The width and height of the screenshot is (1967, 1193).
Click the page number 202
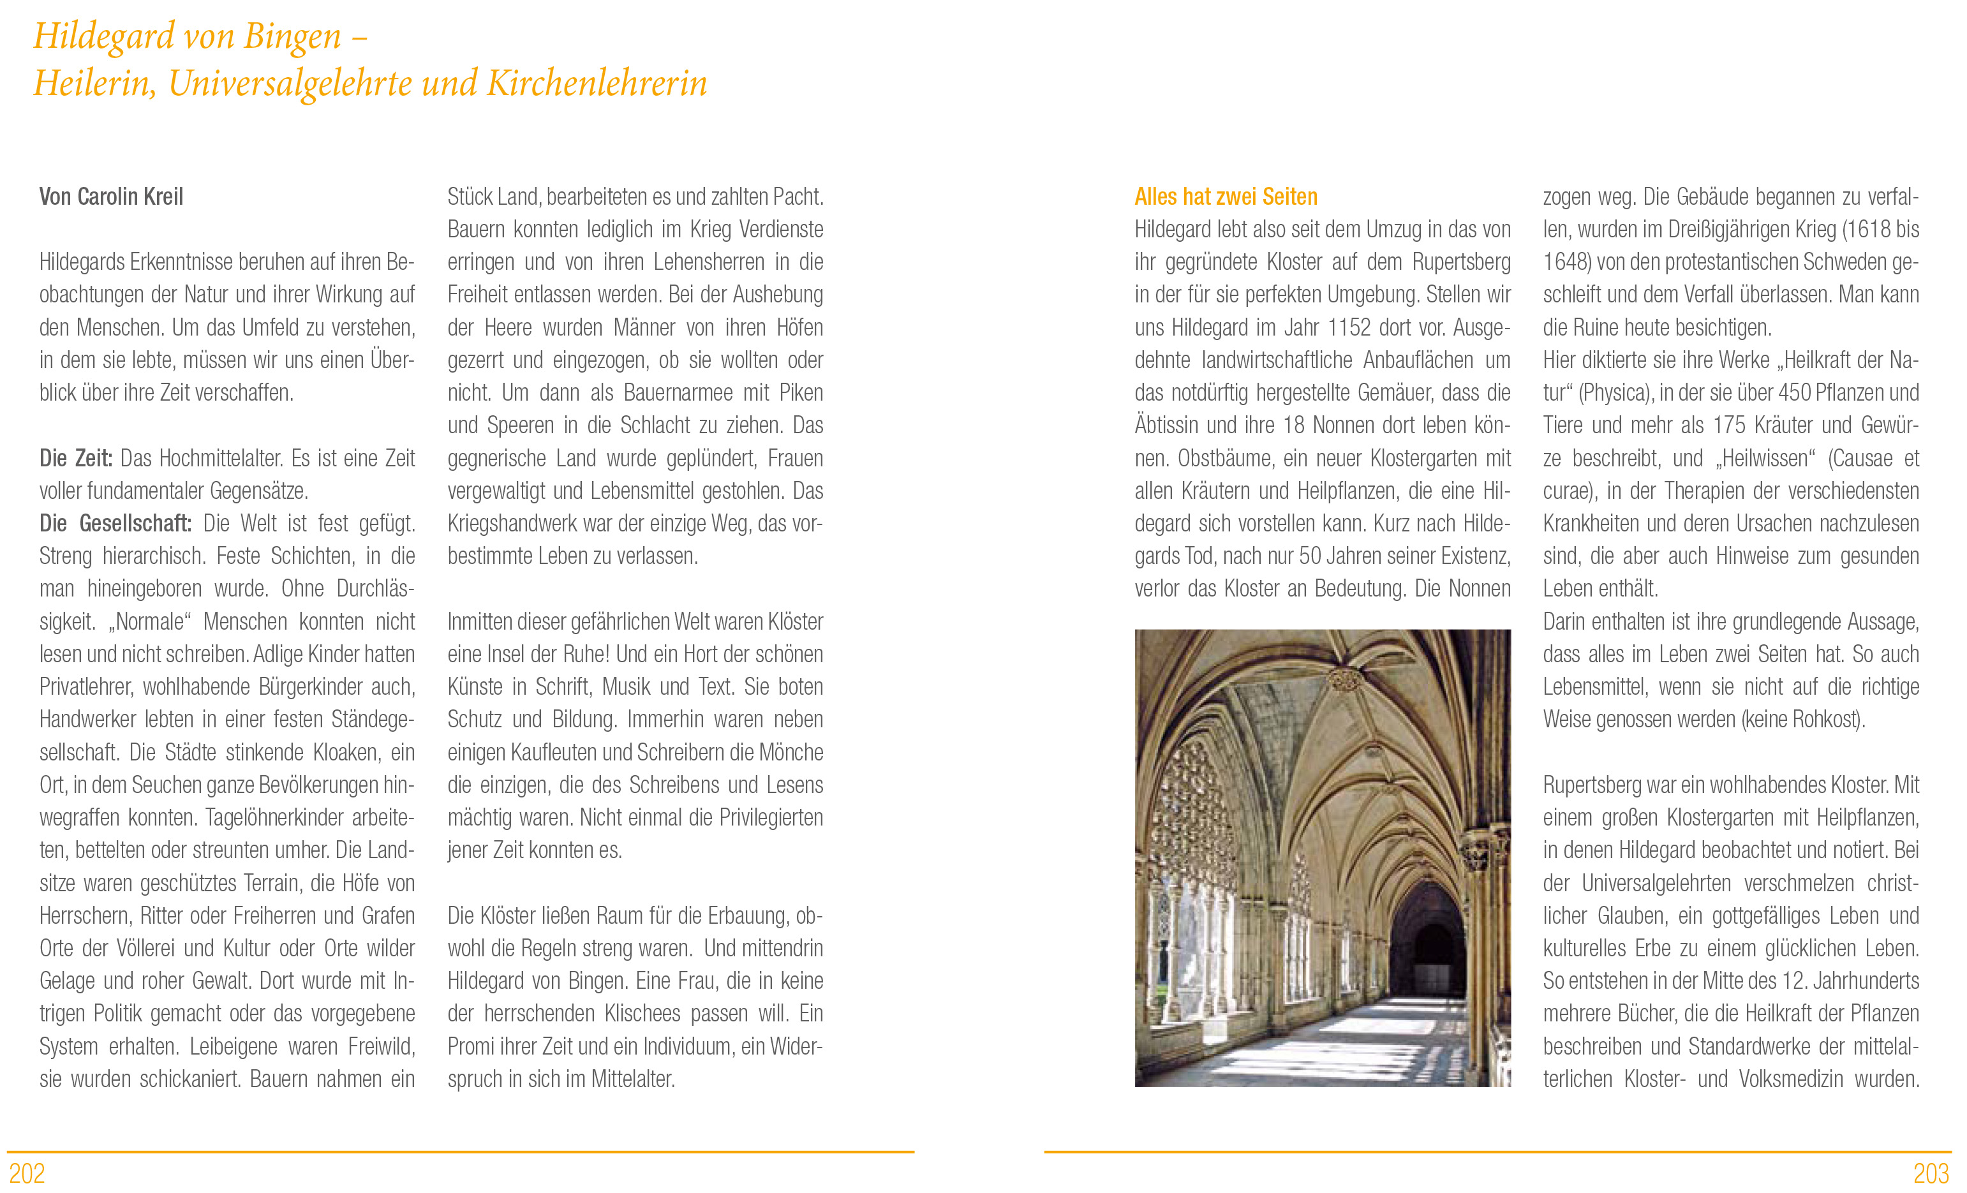pos(27,1173)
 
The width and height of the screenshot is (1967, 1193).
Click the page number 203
pos(1930,1173)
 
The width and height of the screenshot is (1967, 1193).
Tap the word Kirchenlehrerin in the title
pos(597,84)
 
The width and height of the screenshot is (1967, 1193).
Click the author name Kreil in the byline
pos(162,196)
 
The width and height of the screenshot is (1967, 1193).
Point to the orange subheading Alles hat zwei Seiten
pos(1226,196)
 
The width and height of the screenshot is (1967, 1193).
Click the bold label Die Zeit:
pos(76,458)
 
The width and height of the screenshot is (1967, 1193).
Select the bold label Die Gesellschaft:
pos(115,524)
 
